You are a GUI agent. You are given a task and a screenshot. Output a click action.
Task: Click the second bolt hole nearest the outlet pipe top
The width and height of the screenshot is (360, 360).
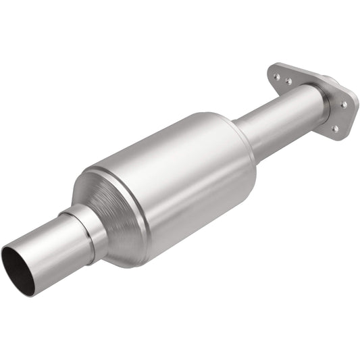(288, 80)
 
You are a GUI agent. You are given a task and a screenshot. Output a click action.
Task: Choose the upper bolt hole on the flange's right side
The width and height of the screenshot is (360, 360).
(343, 105)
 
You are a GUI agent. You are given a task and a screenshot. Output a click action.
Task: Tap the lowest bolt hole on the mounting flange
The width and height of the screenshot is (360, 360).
(333, 128)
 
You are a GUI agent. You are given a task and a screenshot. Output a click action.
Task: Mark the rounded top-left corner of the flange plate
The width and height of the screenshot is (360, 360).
(270, 66)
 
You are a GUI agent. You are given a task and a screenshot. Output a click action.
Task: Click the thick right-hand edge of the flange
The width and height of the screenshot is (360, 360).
(352, 118)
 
